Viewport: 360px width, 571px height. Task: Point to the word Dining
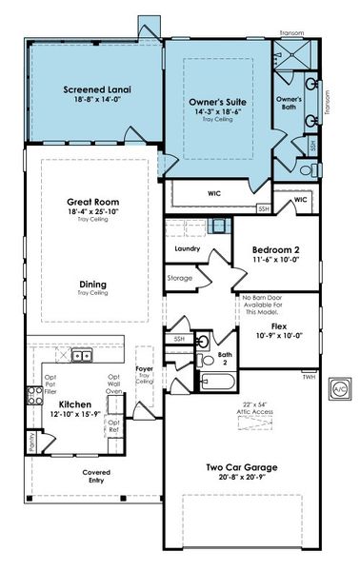pos(92,285)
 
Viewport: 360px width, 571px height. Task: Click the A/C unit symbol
pos(338,389)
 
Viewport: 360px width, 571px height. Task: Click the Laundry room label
pos(186,249)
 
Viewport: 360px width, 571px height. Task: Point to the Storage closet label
pos(180,278)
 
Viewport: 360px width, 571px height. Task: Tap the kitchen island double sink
pos(83,356)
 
